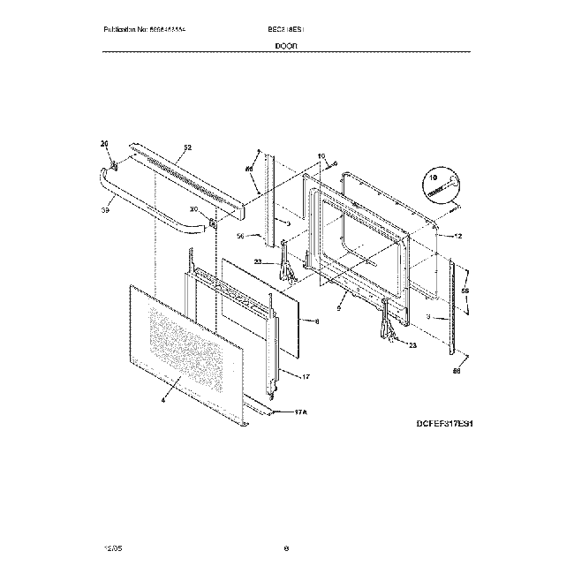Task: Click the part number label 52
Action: [x=187, y=147]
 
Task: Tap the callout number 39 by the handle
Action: [x=104, y=210]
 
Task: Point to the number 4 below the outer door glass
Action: [x=162, y=401]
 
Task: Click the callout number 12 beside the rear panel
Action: [x=458, y=236]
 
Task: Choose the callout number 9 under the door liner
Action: [x=340, y=308]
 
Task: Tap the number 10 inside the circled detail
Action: [x=434, y=177]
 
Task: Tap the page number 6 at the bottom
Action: [x=286, y=548]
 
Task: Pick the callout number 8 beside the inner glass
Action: [x=317, y=321]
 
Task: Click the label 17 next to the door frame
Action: [x=305, y=377]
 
